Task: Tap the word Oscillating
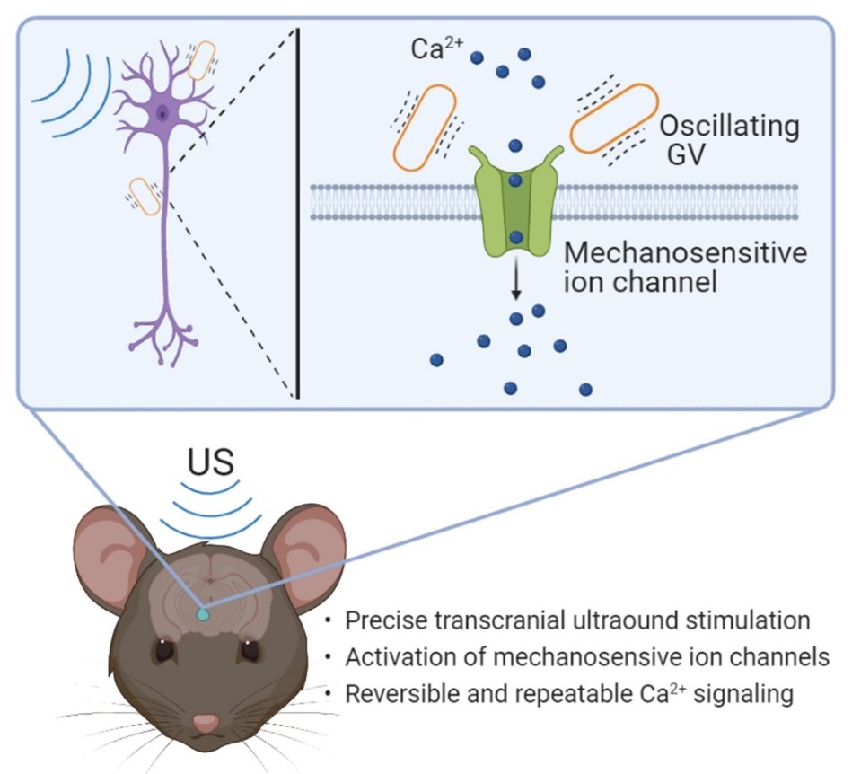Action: click(729, 126)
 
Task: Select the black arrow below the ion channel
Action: click(515, 286)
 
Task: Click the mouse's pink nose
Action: click(206, 722)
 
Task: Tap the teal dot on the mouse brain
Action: click(203, 615)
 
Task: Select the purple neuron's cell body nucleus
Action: click(162, 113)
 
